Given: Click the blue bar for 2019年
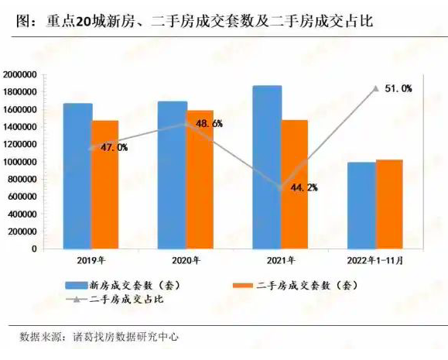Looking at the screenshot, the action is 77,177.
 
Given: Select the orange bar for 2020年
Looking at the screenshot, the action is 200,180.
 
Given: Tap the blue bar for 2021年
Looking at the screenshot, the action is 267,167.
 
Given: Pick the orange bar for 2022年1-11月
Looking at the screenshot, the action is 389,204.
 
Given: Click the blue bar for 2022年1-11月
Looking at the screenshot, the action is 361,206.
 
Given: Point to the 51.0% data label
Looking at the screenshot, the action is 398,88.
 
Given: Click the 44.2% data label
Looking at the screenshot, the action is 304,187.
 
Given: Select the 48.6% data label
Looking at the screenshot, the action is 209,124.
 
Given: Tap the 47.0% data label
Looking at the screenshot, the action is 115,148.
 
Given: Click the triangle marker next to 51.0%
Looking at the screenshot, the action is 376,89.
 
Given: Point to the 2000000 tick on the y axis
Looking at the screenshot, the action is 20,75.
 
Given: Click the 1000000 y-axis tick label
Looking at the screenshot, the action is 20,162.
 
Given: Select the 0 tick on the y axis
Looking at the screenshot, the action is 34,249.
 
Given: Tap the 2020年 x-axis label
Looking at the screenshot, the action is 186,261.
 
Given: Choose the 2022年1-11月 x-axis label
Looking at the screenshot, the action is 375,261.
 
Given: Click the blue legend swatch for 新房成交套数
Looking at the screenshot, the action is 77,286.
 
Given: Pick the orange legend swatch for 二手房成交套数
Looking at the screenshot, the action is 243,286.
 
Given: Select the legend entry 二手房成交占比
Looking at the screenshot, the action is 115,300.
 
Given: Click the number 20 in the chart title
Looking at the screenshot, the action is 83,22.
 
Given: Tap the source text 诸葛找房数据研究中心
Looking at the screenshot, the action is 125,337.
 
